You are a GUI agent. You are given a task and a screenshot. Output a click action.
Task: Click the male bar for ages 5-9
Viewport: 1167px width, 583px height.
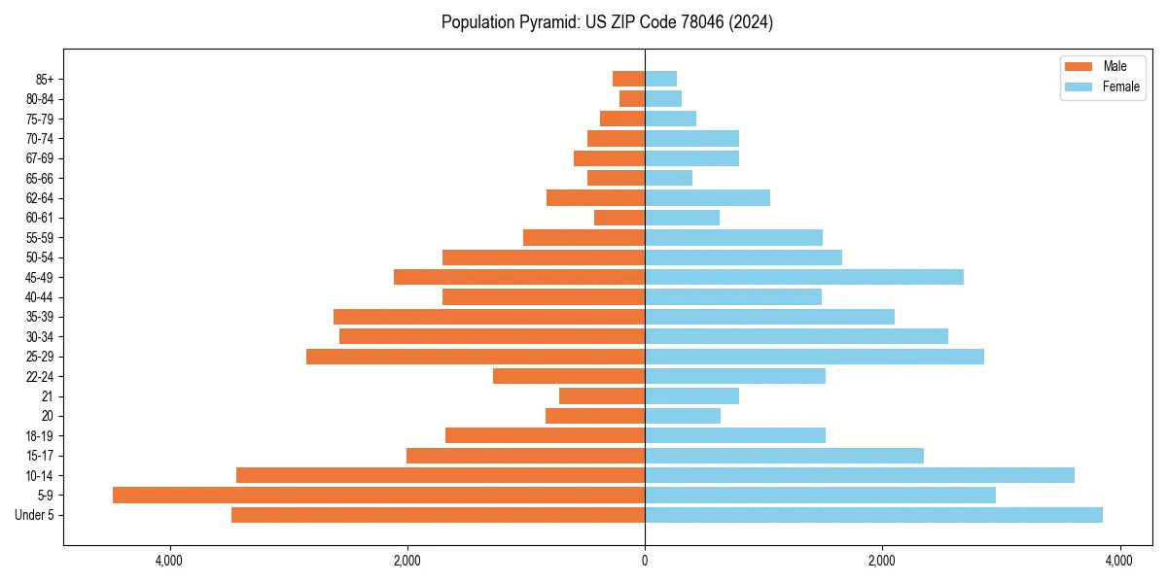pos(379,495)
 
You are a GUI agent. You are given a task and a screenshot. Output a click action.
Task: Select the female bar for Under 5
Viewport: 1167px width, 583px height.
pos(873,515)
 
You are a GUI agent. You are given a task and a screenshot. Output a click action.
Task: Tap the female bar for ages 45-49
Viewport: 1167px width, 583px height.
pos(803,277)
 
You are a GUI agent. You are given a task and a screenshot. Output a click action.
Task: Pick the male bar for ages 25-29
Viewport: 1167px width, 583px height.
pos(476,357)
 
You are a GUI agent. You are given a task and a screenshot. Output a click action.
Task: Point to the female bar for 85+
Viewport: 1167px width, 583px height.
pos(660,79)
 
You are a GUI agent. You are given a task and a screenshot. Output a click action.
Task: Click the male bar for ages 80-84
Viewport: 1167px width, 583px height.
pos(632,98)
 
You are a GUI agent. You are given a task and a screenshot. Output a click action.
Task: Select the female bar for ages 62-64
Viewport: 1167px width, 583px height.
pos(707,197)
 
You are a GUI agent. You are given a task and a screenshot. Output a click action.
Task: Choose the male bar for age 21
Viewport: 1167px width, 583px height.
pos(602,395)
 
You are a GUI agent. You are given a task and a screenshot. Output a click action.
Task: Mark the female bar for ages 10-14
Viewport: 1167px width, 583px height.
pos(860,475)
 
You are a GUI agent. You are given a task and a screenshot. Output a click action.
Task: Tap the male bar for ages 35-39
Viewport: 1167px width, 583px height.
pos(489,317)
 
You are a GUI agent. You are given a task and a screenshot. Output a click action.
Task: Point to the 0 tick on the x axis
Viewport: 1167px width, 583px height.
pos(645,561)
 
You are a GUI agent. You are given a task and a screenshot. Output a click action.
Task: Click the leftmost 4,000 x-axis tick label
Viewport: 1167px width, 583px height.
pos(169,561)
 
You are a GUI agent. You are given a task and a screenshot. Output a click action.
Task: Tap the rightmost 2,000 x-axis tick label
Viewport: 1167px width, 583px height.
pos(882,561)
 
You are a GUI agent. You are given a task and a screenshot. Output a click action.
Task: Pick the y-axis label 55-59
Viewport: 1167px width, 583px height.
pos(40,237)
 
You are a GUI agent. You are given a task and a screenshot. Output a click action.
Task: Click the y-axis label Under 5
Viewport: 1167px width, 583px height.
pos(34,515)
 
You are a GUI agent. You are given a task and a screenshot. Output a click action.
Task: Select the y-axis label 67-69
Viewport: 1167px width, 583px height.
pos(40,158)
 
